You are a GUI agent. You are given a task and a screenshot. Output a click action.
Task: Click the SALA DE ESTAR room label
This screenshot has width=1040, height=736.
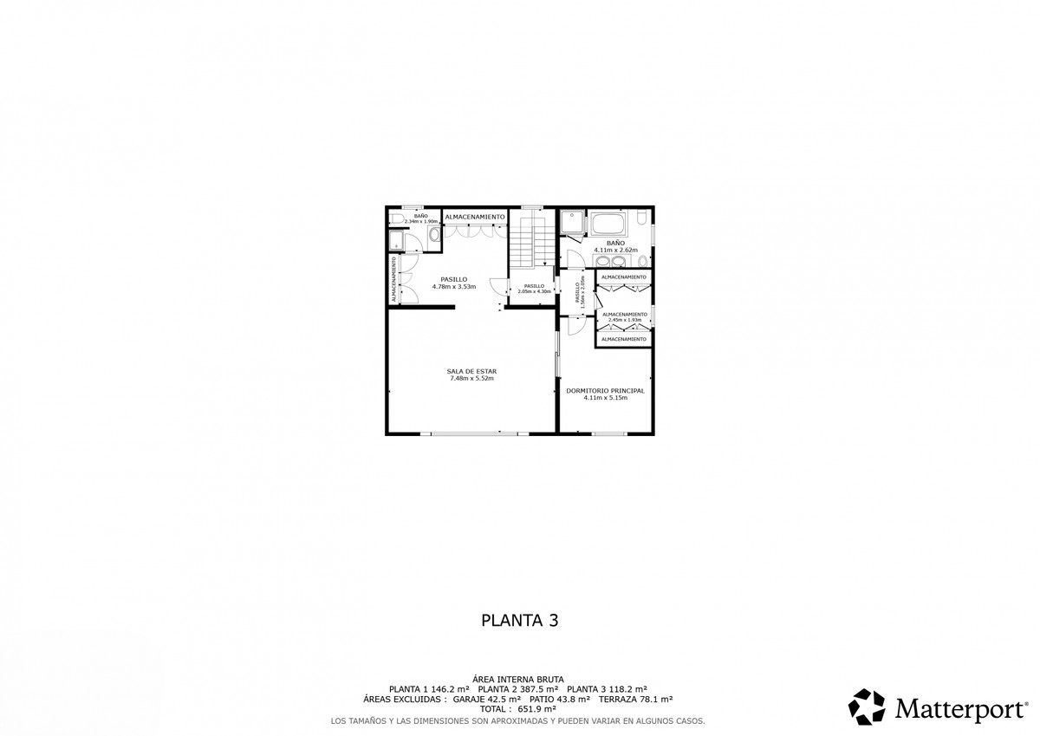471,371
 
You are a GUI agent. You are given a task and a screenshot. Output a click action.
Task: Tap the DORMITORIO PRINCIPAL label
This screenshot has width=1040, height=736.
605,391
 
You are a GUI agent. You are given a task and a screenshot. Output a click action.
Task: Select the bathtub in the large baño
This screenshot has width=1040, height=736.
614,224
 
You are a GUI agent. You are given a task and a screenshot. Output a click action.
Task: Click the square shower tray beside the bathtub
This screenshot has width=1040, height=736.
571,224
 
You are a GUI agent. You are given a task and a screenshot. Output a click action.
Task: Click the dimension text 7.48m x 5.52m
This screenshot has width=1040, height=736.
471,379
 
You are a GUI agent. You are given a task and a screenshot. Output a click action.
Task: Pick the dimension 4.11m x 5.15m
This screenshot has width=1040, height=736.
605,399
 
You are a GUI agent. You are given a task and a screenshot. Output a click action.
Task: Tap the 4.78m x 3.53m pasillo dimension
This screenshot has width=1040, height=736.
454,287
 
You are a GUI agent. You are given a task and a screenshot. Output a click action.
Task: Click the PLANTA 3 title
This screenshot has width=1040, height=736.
519,621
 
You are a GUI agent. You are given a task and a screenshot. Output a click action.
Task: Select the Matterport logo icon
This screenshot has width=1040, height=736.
866,707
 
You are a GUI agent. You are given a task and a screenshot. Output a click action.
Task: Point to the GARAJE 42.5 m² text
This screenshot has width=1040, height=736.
487,699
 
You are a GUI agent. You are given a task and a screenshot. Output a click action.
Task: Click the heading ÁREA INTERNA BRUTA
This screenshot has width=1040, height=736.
518,679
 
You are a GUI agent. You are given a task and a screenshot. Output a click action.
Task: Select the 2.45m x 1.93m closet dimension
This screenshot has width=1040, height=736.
624,320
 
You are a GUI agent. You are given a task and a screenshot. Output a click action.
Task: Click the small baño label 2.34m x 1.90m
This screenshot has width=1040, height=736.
414,221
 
